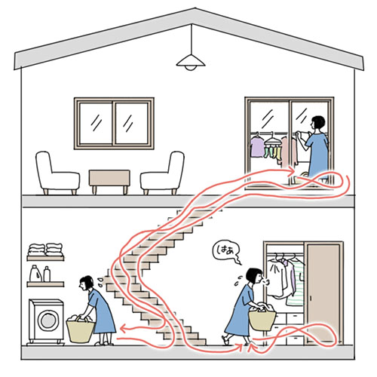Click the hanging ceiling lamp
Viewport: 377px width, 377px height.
191,62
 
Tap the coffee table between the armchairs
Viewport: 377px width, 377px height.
109,179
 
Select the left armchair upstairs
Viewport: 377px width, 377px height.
57,173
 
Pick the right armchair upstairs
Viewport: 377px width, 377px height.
163,173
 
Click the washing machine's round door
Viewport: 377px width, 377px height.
48,320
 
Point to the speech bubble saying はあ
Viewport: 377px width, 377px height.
225,252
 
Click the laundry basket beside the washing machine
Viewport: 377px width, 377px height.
80,329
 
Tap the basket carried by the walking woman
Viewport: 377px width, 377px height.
262,317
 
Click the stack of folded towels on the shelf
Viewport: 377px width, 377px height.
45,250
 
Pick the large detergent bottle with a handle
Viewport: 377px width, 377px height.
35,274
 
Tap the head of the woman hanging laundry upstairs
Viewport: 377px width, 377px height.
317,123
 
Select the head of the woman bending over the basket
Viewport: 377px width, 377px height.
86,282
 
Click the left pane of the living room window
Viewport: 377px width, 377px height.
96,124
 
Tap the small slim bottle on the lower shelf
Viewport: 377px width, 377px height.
47,274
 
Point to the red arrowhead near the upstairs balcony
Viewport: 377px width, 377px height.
292,171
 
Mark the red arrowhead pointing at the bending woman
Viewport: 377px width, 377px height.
124,328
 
